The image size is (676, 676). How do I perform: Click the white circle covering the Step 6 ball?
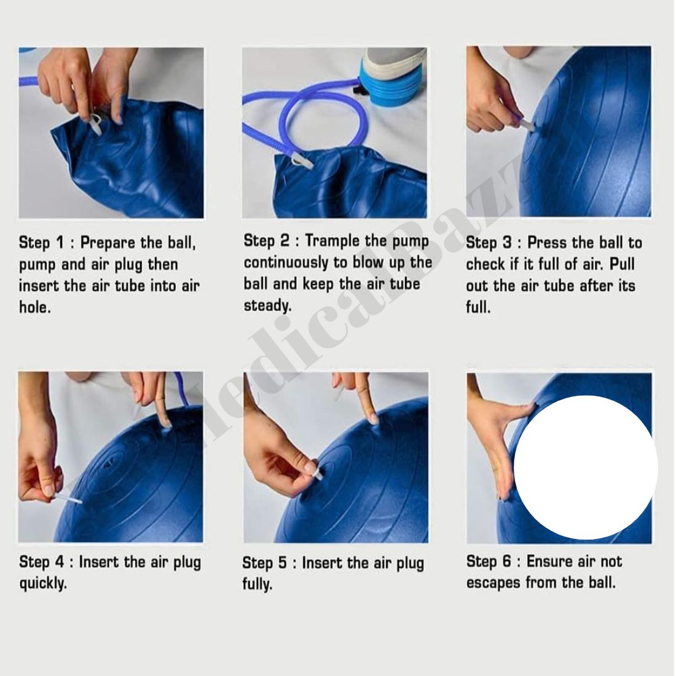pos(586,468)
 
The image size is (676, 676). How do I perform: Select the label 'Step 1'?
pos(41,243)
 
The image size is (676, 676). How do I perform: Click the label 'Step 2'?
pos(267,240)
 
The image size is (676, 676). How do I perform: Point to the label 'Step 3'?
pos(489,243)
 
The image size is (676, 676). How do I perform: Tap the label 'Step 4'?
pos(41,562)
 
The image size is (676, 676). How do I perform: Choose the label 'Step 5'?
pos(264,563)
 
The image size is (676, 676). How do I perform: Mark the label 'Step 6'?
pos(489,562)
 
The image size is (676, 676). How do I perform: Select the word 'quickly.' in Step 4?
pos(43,584)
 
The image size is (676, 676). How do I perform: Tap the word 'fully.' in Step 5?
pos(257,584)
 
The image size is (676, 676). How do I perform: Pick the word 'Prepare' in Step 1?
pos(108,243)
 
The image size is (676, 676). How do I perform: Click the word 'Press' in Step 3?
pos(548,243)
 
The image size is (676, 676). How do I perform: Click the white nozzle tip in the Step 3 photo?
pos(529,125)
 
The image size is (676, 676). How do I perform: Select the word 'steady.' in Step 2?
pos(268,306)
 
